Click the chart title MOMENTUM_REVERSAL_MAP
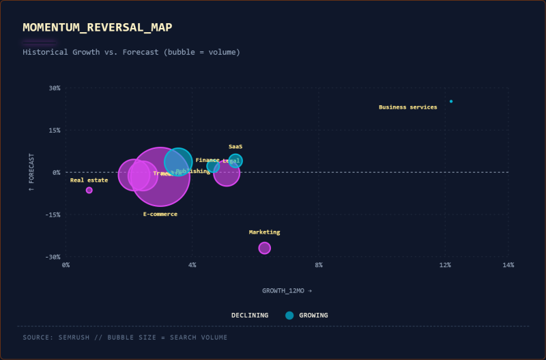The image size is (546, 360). [98, 27]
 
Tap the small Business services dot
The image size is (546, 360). [451, 101]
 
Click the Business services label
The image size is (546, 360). [407, 107]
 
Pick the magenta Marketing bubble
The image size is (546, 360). [265, 248]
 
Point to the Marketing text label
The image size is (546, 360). [264, 232]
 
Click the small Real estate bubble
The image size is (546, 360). [89, 190]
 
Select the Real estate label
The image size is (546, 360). [89, 180]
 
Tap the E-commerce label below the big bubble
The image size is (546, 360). [160, 214]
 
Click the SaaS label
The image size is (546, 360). [235, 147]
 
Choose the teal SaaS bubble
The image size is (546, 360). [235, 161]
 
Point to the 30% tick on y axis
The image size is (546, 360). [55, 88]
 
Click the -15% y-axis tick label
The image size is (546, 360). [53, 214]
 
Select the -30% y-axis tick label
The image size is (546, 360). [53, 257]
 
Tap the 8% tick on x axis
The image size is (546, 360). [319, 265]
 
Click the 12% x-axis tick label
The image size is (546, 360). [445, 265]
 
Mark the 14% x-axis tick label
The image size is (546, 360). [508, 265]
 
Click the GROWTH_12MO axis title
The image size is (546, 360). [287, 290]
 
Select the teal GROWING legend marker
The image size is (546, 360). [289, 316]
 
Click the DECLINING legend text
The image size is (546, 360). [250, 316]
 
